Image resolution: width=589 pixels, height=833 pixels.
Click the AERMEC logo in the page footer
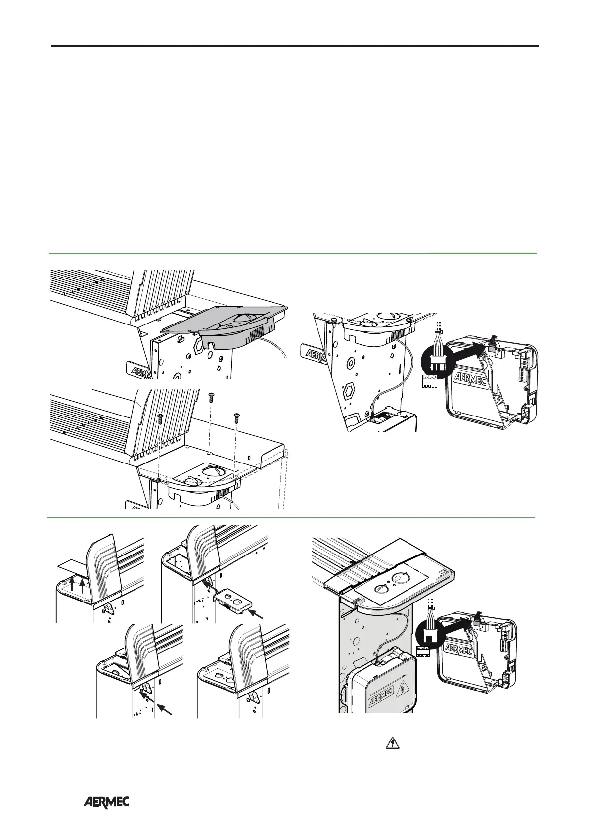point(106,802)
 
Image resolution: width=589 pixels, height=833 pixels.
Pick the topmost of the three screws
point(211,397)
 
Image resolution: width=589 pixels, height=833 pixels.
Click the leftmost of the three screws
point(160,418)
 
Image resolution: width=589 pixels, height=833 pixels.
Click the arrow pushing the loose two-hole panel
point(259,615)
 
